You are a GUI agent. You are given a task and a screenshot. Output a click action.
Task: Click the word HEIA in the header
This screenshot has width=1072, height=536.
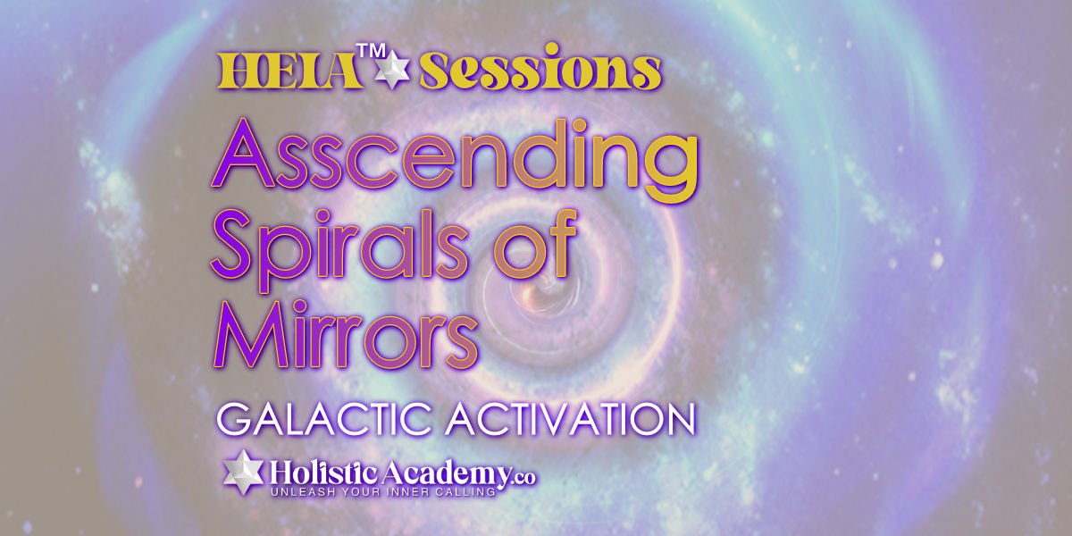click(289, 71)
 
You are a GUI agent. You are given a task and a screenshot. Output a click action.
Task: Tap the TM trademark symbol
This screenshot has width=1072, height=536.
click(371, 51)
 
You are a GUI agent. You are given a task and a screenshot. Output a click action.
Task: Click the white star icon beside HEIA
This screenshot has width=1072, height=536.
click(392, 70)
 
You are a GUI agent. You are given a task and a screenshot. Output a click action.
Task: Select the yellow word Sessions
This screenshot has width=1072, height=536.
click(540, 67)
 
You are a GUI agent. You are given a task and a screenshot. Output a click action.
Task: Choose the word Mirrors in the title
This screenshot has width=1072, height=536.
click(345, 334)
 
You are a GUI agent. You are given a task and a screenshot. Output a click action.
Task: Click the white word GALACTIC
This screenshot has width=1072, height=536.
click(324, 419)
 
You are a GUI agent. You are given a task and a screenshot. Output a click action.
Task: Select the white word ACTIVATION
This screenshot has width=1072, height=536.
click(571, 419)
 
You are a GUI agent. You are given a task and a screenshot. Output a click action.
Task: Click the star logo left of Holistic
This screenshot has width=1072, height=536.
click(244, 473)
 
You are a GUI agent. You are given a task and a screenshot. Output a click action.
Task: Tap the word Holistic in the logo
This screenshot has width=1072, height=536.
click(324, 473)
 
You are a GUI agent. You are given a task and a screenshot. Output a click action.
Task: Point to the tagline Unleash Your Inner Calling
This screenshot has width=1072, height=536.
click(383, 491)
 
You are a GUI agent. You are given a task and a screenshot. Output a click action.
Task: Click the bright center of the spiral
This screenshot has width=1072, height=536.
click(540, 286)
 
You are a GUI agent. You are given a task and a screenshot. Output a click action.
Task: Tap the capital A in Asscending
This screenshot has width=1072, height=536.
click(243, 153)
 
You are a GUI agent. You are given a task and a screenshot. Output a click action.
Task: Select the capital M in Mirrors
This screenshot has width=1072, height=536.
click(251, 334)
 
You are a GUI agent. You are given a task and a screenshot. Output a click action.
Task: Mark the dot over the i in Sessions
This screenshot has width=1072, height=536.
click(552, 49)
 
